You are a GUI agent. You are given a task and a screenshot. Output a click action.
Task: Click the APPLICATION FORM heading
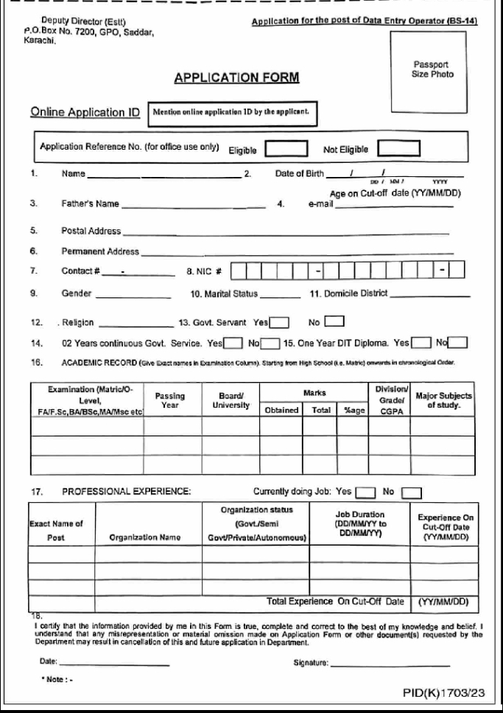(228, 77)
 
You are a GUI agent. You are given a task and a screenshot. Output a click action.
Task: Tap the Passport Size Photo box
(432, 69)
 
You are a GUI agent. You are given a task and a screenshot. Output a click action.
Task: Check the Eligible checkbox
(286, 148)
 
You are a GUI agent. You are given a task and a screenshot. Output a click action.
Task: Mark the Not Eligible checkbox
(398, 148)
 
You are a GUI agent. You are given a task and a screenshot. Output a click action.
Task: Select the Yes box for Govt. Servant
(279, 321)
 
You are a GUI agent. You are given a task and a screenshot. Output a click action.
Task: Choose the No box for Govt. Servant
(335, 321)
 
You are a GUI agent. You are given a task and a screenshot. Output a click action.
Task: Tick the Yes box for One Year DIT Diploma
(422, 342)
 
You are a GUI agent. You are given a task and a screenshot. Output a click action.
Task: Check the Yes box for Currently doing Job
(366, 489)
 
